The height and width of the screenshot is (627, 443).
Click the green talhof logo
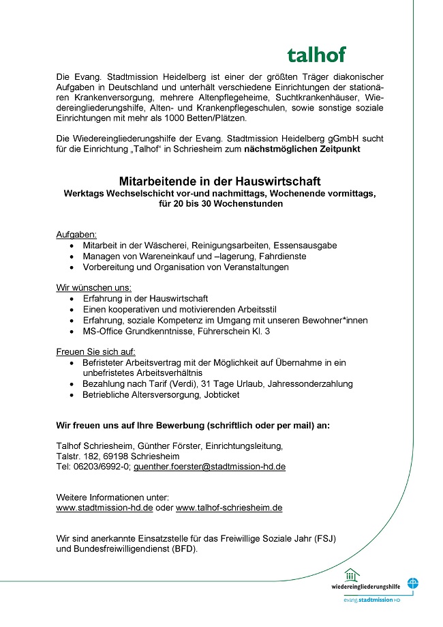(316, 55)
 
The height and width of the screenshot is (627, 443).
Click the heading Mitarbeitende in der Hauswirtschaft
(219, 181)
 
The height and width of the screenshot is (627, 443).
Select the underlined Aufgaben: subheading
(76, 234)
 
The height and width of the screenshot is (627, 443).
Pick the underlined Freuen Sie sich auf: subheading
(96, 351)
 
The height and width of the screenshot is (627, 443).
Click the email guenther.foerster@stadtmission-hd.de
(209, 467)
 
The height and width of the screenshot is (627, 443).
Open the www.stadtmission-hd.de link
(104, 508)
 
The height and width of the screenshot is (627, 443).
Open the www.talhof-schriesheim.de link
(229, 508)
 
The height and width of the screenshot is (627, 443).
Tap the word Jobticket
(221, 394)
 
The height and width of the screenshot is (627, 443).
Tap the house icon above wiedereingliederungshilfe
(350, 574)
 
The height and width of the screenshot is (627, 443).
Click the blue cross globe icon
(413, 584)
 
